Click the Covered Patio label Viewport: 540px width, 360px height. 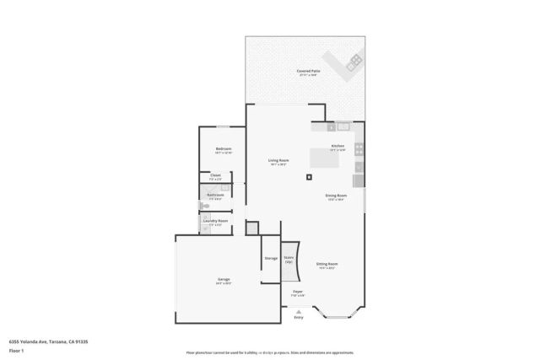click(307, 71)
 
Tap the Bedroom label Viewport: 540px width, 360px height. click(224, 148)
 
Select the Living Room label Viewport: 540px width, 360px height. click(278, 160)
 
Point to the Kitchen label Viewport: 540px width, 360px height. click(337, 146)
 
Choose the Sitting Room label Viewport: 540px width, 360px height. click(327, 263)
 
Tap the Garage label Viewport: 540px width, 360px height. click(224, 279)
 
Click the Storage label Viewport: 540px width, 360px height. click(271, 258)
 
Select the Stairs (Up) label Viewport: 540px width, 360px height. click(289, 259)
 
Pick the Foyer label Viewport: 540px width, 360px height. click(298, 291)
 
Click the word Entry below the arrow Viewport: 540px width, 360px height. click(298, 317)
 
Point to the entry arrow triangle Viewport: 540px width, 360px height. click(298, 309)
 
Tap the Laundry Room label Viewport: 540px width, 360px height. click(215, 221)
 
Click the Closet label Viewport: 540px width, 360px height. click(215, 175)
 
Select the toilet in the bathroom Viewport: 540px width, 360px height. click(203, 205)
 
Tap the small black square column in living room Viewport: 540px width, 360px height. click(310, 176)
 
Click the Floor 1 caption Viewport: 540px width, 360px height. click(16, 350)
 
